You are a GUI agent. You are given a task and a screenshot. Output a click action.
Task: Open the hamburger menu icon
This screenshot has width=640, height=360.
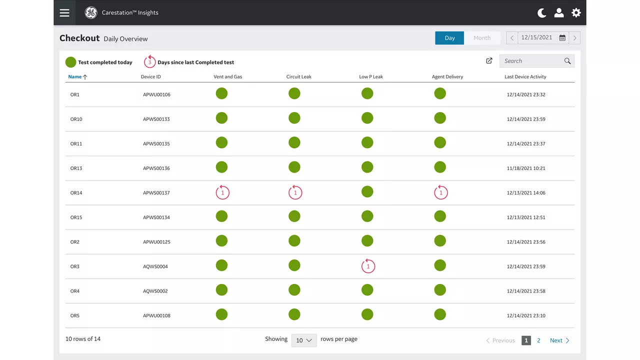point(64,12)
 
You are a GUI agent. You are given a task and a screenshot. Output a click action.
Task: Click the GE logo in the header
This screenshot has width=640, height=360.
point(91,12)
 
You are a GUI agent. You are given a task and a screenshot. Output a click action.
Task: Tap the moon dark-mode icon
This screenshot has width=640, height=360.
point(541,13)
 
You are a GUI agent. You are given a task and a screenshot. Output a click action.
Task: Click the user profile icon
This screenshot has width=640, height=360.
point(559,13)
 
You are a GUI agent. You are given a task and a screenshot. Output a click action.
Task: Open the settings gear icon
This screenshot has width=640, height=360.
point(576,12)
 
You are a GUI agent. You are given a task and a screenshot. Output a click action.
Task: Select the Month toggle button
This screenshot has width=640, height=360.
point(482,38)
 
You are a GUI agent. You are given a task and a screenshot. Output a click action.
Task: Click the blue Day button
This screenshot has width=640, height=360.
point(449,38)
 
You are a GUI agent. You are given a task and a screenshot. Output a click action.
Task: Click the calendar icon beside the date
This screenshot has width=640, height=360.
point(562,38)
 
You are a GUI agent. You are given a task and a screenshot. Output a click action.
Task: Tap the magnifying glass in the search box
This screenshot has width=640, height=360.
point(567,61)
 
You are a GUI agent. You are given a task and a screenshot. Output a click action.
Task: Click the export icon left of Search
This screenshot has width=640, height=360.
point(489,60)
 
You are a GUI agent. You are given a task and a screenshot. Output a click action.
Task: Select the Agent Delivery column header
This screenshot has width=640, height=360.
point(447,76)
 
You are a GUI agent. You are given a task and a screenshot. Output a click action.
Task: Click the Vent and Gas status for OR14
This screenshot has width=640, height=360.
point(222,192)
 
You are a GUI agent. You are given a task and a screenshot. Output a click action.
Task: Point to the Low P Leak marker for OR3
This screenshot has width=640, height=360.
point(368,266)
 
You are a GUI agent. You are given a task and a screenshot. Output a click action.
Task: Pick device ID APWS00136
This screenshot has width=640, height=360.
point(156,168)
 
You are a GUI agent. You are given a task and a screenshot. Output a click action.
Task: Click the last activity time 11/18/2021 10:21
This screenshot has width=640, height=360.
point(526,168)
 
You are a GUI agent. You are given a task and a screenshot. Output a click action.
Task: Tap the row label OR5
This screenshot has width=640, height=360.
point(75,315)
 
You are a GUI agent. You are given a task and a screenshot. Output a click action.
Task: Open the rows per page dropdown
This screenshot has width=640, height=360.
point(304,340)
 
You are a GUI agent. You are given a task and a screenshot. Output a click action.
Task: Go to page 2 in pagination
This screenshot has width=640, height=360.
point(538,340)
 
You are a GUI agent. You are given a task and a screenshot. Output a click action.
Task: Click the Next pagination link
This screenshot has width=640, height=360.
point(559,340)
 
